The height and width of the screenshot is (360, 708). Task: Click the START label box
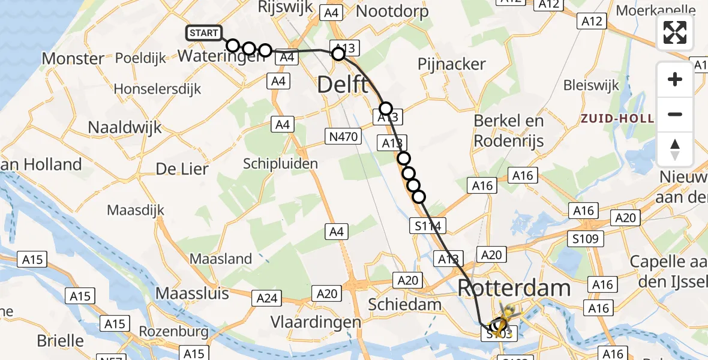(x=204, y=33)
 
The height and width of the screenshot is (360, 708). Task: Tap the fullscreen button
(x=675, y=32)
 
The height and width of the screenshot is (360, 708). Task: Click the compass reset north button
(x=675, y=149)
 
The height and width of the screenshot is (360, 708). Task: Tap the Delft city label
(x=343, y=85)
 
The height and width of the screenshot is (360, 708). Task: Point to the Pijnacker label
(x=452, y=64)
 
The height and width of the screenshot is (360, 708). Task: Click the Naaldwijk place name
(x=125, y=127)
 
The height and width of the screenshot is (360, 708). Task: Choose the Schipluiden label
(x=281, y=163)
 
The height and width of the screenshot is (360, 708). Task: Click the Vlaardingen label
(x=316, y=322)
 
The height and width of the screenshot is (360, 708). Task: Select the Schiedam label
(x=406, y=304)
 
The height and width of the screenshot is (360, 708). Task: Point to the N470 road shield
(x=343, y=137)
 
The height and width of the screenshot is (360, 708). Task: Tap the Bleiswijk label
(x=592, y=85)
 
